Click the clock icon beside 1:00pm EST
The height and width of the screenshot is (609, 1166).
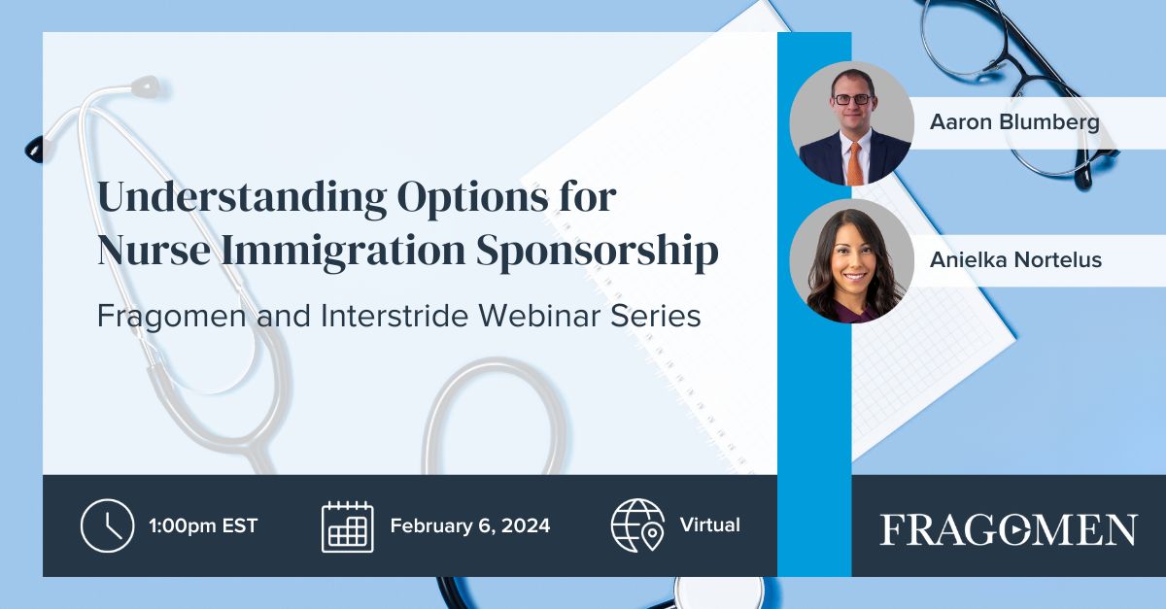tap(107, 525)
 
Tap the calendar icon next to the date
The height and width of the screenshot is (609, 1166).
tap(347, 525)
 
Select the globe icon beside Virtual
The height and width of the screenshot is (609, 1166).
tap(637, 525)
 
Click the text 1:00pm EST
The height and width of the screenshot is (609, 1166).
tap(203, 525)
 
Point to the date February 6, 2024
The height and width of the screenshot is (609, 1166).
tap(470, 525)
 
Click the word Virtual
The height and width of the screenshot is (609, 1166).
tap(710, 525)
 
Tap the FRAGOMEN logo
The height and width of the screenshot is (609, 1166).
tap(1009, 529)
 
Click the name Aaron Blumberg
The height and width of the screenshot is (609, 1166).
tap(1013, 122)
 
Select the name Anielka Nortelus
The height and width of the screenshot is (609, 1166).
tap(1015, 260)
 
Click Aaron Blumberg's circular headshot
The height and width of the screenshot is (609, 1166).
tap(851, 123)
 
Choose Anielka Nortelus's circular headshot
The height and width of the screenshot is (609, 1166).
tap(851, 260)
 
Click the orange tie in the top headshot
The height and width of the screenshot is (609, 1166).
tap(853, 163)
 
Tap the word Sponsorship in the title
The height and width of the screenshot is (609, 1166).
tap(597, 251)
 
